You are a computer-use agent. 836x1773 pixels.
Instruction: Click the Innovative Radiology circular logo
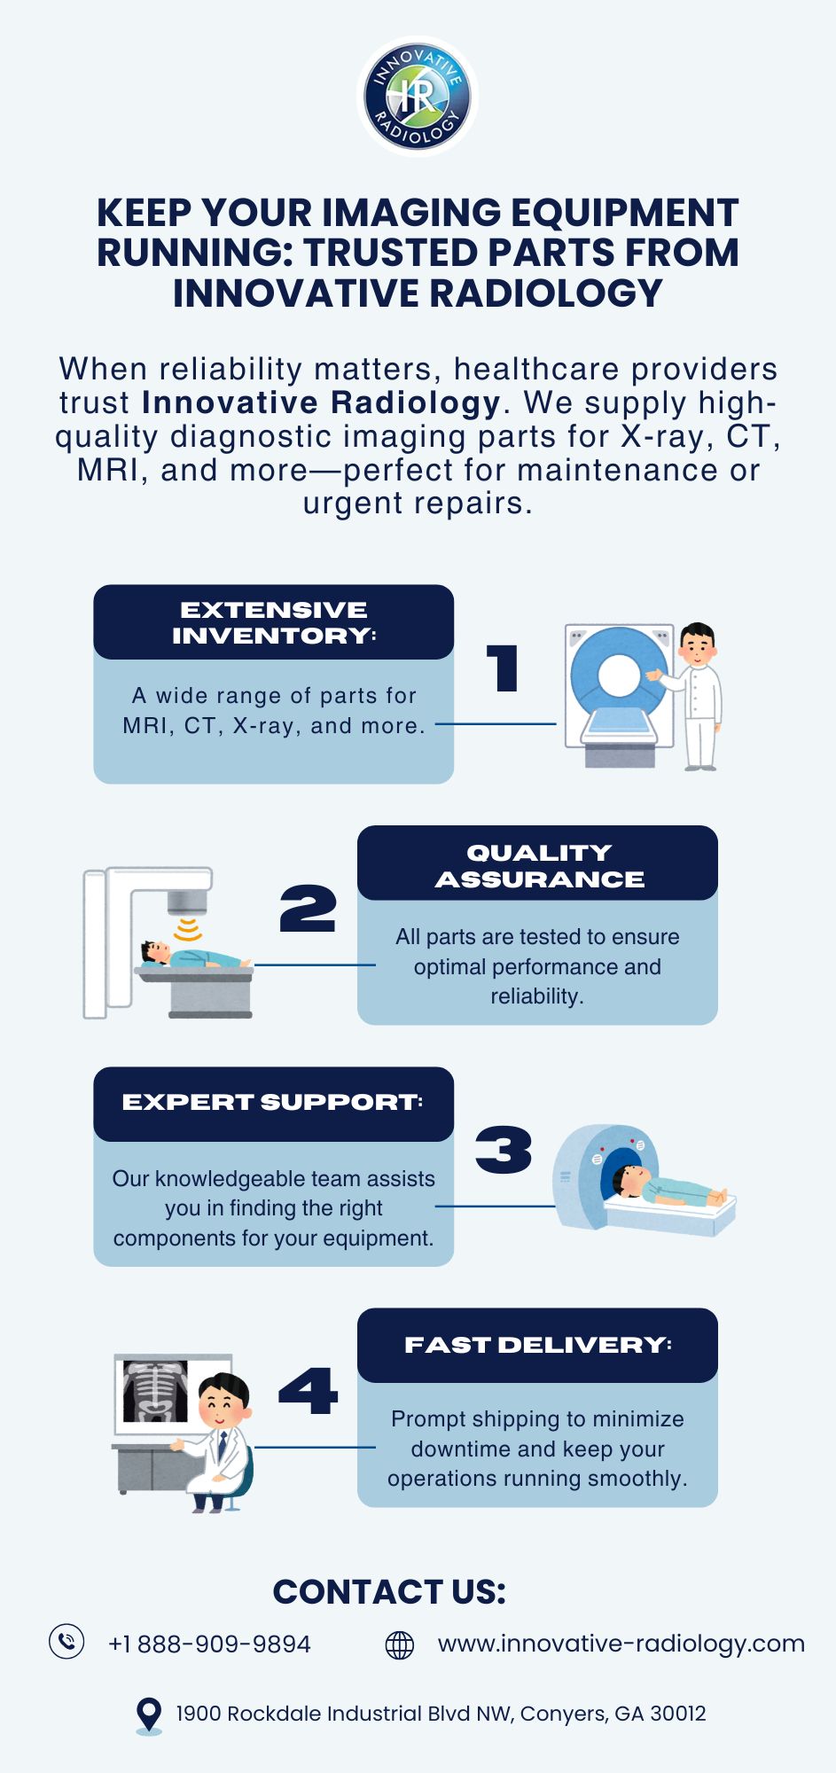[x=418, y=97]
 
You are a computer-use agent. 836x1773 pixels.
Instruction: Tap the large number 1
[x=503, y=668]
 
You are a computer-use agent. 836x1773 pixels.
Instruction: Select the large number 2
[x=308, y=909]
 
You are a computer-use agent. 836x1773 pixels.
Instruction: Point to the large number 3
[x=504, y=1150]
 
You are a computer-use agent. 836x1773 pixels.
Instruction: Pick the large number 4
[x=308, y=1391]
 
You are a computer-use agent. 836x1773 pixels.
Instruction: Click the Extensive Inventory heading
[x=274, y=622]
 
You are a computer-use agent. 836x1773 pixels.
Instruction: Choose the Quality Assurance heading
[x=539, y=865]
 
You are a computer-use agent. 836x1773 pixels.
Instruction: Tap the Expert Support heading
[x=273, y=1102]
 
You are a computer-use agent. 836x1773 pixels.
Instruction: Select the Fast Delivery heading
[x=538, y=1345]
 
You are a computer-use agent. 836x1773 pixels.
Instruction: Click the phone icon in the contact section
[x=66, y=1641]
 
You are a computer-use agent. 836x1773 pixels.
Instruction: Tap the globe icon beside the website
[x=400, y=1644]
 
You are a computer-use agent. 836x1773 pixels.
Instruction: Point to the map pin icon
[x=149, y=1715]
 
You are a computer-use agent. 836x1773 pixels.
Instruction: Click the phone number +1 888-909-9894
[x=209, y=1644]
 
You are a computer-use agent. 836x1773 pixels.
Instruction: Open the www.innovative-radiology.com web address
[x=621, y=1644]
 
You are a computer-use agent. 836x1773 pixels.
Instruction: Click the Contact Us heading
[x=389, y=1592]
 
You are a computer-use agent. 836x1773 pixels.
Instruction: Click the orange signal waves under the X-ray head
[x=187, y=929]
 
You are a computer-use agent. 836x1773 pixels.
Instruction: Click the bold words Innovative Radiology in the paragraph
[x=322, y=402]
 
